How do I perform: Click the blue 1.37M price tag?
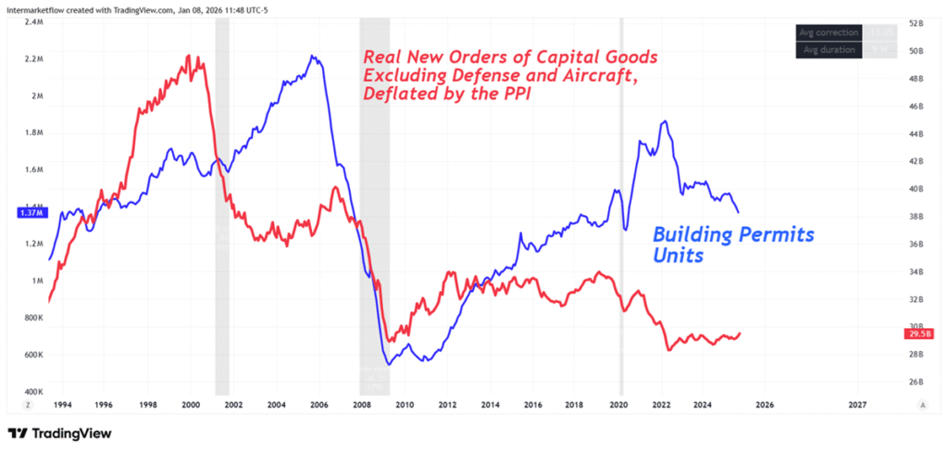[x=30, y=213]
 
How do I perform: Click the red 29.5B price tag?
[x=917, y=334]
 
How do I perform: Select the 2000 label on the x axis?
[x=190, y=405]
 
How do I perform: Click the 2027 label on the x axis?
[x=857, y=405]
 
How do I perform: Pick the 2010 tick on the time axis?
[x=404, y=405]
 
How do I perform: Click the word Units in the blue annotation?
[x=680, y=255]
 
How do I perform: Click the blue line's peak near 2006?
[x=313, y=57]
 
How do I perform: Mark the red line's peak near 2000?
[x=188, y=56]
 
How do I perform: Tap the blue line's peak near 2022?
[x=664, y=121]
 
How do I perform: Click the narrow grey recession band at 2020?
[x=621, y=232]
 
